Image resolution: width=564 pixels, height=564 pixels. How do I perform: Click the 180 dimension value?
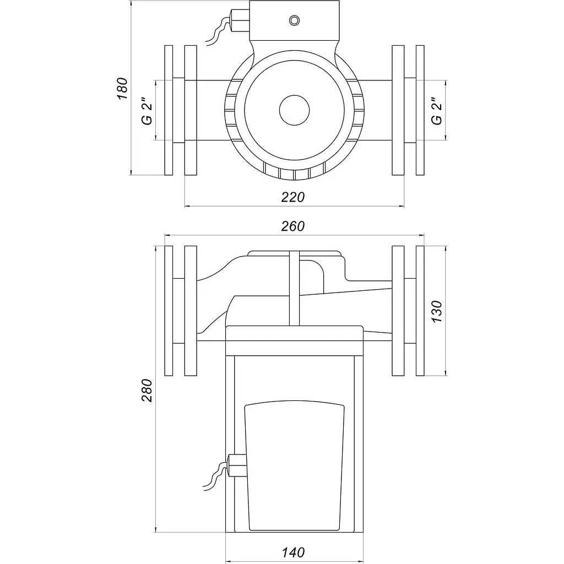tap(122, 89)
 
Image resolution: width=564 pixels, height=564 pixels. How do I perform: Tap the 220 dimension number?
tap(293, 197)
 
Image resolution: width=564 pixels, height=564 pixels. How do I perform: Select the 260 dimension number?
tap(293, 226)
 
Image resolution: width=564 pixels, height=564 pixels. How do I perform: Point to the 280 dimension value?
tap(147, 391)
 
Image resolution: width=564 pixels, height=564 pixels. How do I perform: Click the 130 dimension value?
tap(437, 312)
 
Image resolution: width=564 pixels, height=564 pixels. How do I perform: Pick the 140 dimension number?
tap(294, 552)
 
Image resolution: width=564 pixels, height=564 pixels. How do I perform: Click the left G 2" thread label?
tap(147, 111)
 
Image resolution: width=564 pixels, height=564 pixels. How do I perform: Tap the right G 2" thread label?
tap(437, 111)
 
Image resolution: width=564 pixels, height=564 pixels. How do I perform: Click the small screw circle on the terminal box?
tap(294, 20)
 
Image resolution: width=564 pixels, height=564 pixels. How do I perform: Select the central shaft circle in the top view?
tap(294, 110)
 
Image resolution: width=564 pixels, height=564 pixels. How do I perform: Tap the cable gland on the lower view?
tap(237, 465)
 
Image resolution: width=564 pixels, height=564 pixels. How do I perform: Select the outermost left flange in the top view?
tap(169, 110)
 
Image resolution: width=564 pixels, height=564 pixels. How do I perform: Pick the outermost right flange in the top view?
tap(420, 110)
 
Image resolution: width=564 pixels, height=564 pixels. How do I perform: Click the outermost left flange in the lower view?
tap(169, 311)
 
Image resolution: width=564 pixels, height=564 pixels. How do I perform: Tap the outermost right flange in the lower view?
tap(420, 311)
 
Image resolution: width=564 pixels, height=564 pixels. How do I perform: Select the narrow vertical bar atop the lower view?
tap(294, 289)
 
